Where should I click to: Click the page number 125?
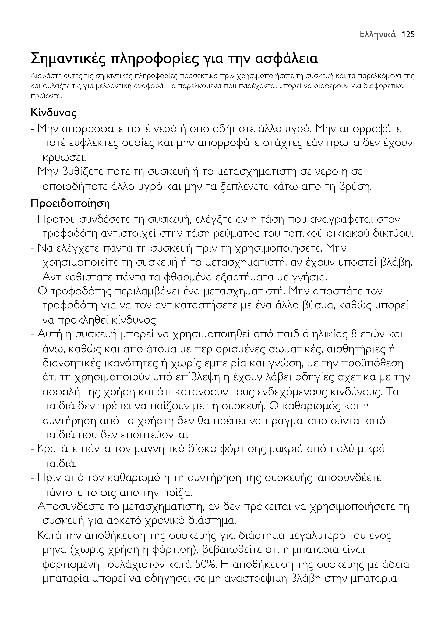(x=408, y=34)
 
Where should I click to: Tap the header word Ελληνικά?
(x=378, y=35)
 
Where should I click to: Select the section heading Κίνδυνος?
(x=54, y=113)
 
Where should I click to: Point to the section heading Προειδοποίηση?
(x=70, y=203)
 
